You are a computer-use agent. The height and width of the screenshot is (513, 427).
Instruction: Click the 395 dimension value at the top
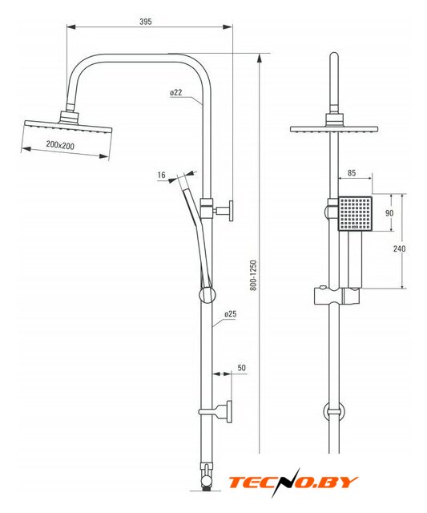tap(146, 22)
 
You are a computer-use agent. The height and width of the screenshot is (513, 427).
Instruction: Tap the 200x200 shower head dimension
tap(60, 145)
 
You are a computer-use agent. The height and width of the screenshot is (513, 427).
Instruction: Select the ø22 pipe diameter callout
tap(176, 93)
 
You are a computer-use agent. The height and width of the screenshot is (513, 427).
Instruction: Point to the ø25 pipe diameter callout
tap(231, 314)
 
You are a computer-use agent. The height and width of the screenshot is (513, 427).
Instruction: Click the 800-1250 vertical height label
tap(254, 276)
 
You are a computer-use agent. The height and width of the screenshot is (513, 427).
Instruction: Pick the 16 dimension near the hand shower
tap(162, 175)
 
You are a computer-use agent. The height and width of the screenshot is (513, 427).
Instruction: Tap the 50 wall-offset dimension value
tap(242, 368)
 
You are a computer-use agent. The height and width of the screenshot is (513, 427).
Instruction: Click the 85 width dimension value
tap(352, 173)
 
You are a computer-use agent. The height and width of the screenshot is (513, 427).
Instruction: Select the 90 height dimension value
tap(389, 213)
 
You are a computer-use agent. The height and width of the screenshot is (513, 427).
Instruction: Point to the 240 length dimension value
tap(399, 248)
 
